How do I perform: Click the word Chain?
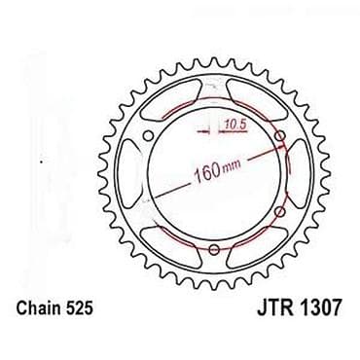point(37,307)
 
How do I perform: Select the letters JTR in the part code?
point(275,307)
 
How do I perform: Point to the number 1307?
point(320,307)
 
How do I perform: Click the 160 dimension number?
point(206,173)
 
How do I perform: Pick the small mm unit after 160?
point(232,165)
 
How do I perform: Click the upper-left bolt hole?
point(148,136)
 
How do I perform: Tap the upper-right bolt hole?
point(281,136)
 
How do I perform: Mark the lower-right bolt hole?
point(280,212)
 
